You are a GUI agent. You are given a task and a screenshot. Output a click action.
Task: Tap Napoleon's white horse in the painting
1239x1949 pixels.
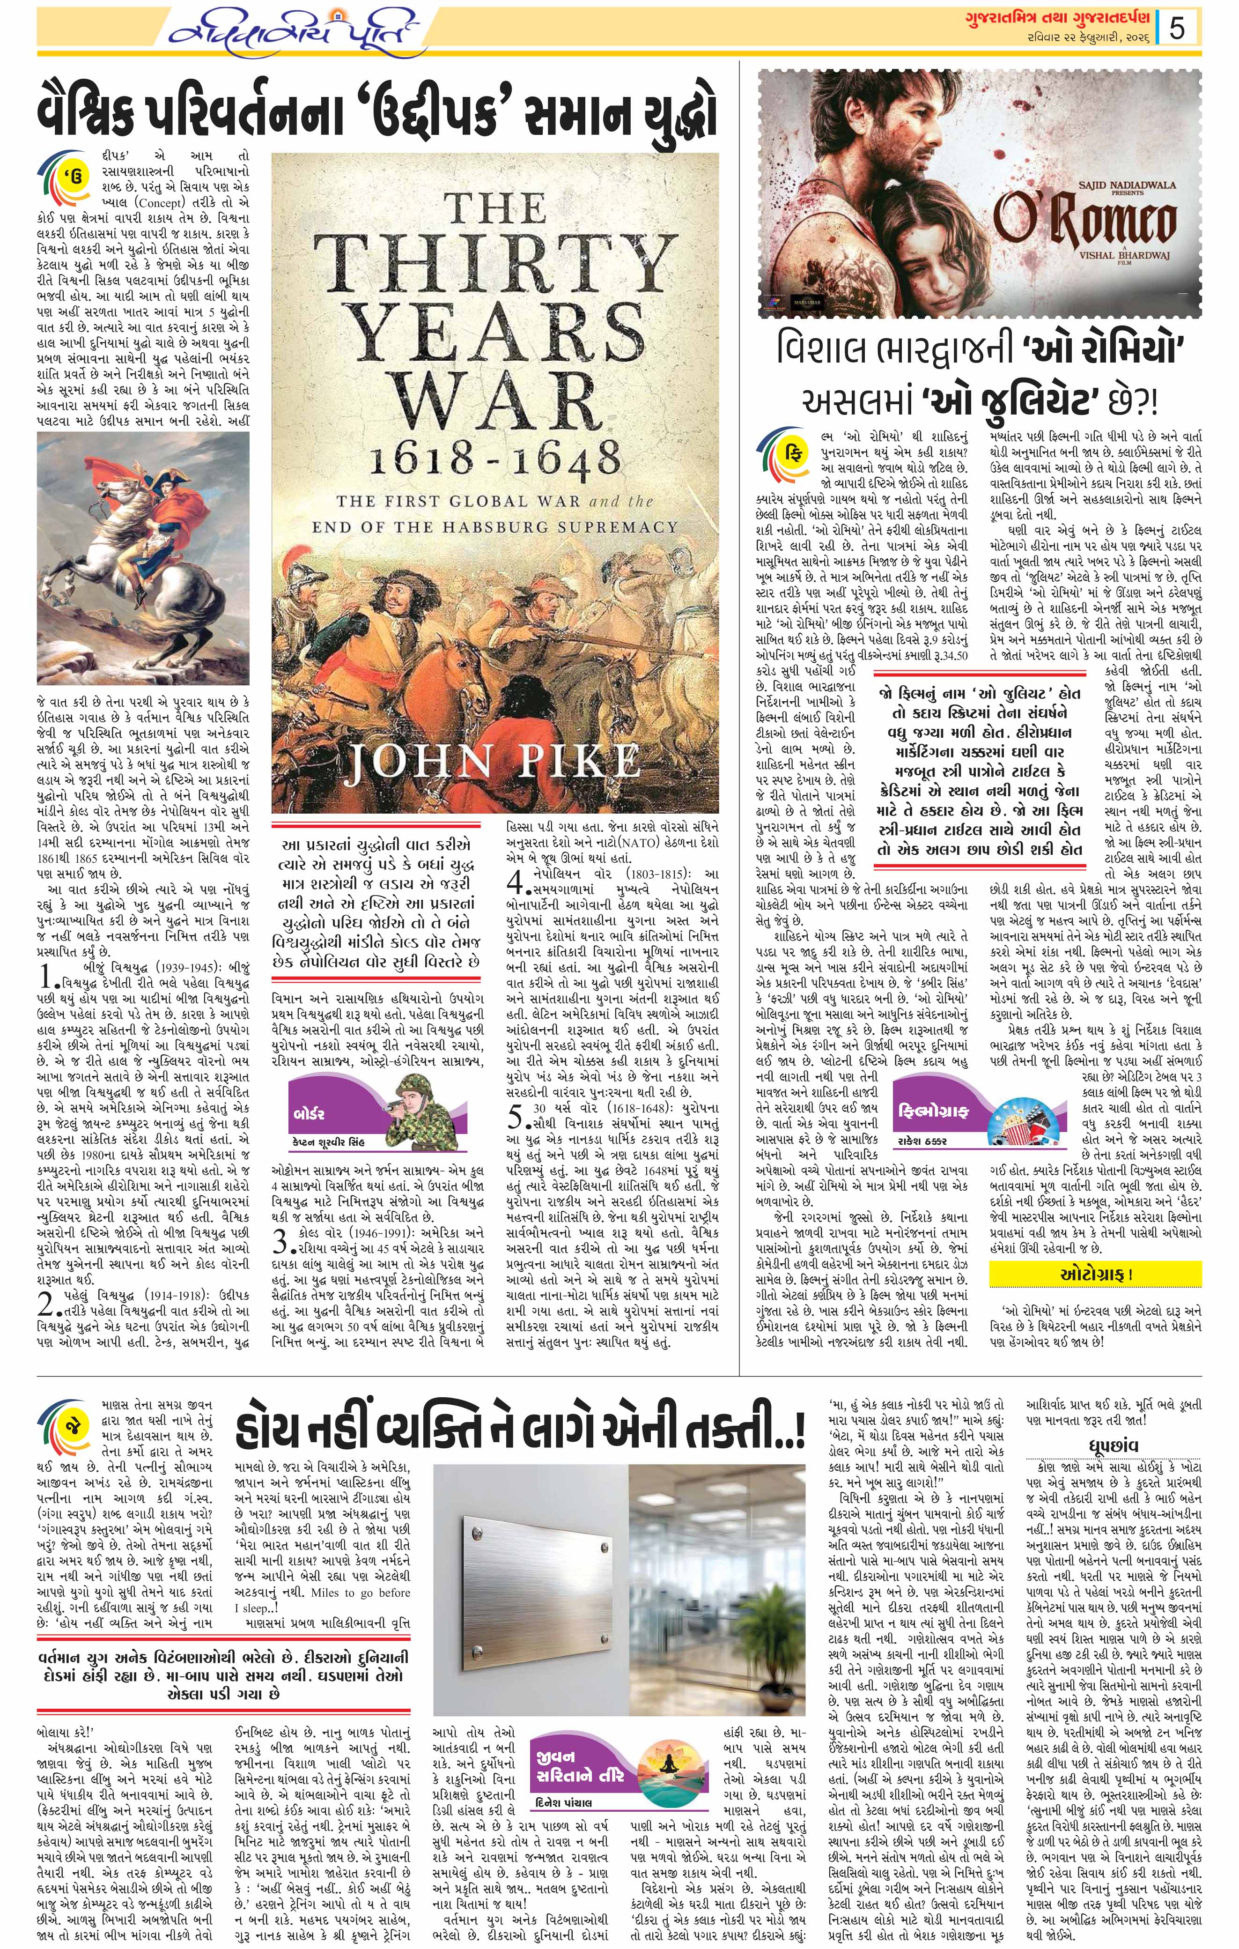tap(89, 591)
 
